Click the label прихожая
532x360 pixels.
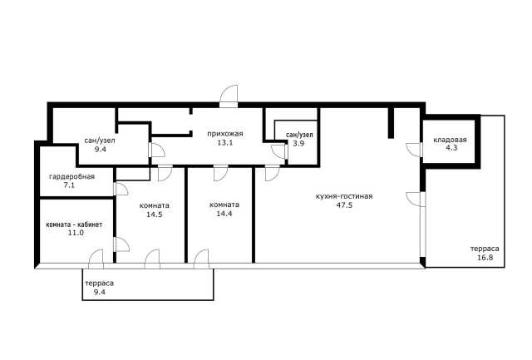coord(225,134)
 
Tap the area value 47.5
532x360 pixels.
coord(344,205)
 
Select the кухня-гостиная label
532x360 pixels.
coord(344,196)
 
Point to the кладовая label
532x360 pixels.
coord(450,140)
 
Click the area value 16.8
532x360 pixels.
coord(485,257)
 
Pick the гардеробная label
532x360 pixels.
coord(72,177)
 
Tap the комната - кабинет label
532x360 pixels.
coord(74,224)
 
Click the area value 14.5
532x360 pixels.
coord(155,215)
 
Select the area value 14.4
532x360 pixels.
coord(224,214)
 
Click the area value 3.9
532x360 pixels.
coord(299,144)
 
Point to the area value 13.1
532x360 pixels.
coord(225,142)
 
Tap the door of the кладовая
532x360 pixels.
coord(414,150)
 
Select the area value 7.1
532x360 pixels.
coord(69,185)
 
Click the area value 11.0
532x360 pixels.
coord(76,233)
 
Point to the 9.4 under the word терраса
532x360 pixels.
coord(100,292)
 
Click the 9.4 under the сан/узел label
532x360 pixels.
coord(101,149)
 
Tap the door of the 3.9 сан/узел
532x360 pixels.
coord(279,151)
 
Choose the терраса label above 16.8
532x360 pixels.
coord(485,249)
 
